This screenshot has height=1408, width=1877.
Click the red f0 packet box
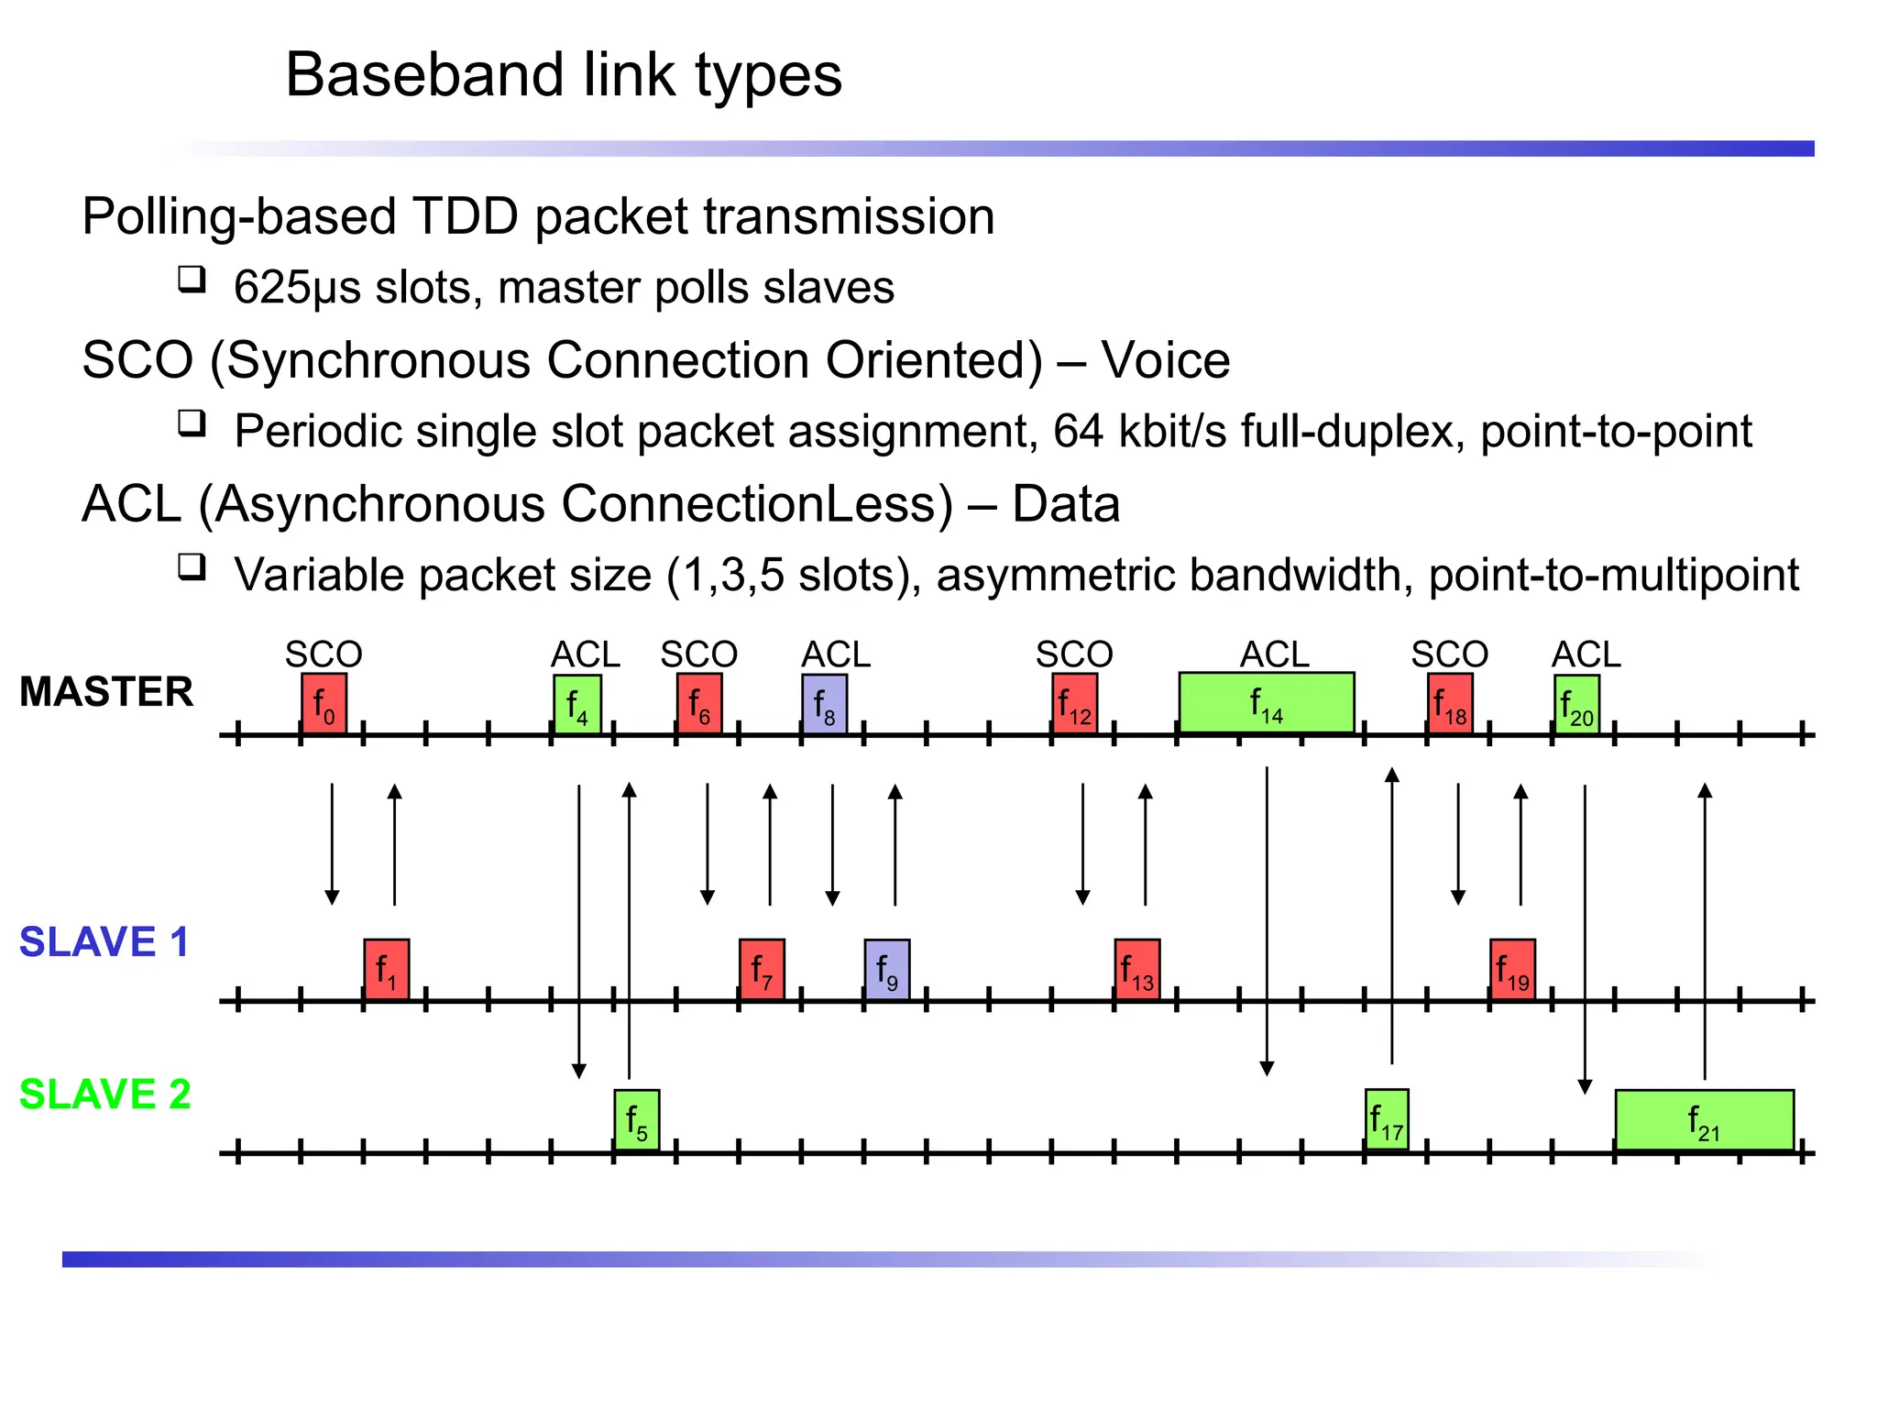324,704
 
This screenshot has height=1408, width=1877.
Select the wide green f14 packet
1266,703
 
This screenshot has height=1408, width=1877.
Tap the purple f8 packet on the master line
824,704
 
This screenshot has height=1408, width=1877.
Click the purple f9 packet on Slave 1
886,969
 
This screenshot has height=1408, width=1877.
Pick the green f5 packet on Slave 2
636,1120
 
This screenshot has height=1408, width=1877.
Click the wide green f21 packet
1704,1120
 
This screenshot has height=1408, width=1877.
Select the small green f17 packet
1386,1119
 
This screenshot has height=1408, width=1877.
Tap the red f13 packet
1136,969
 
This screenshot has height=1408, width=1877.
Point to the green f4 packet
576,704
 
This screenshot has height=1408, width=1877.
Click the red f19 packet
1512,969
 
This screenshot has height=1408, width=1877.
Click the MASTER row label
106,691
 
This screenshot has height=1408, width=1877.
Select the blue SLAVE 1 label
104,942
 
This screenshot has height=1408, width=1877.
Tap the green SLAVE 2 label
104,1094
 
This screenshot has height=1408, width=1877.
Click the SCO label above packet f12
1074,654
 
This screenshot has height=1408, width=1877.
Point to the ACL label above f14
1274,654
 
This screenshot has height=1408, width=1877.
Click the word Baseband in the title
423,75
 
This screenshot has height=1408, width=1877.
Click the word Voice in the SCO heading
1165,359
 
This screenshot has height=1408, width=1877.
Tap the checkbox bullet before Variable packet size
192,567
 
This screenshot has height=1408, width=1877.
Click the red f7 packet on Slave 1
762,969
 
